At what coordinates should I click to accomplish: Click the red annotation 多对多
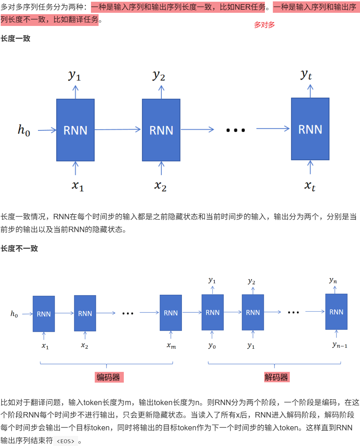click(264, 25)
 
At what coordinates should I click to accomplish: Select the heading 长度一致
click(16, 38)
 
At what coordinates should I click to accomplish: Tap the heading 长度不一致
click(19, 248)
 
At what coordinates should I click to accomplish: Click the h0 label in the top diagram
click(24, 130)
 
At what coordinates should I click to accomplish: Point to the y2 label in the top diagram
click(159, 75)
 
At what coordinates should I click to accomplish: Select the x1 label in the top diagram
click(77, 186)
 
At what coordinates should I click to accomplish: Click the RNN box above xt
click(310, 129)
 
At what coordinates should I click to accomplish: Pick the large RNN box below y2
click(161, 130)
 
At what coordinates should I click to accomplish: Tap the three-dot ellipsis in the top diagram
click(236, 130)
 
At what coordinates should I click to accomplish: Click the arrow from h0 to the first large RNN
click(47, 130)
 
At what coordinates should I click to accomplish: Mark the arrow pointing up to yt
click(310, 91)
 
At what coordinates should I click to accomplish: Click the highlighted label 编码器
click(109, 377)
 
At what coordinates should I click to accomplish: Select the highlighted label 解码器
click(276, 377)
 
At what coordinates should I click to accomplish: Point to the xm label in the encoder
click(171, 346)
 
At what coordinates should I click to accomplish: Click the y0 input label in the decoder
click(212, 346)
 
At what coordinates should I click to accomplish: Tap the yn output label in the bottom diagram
click(333, 280)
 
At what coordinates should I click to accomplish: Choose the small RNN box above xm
click(171, 313)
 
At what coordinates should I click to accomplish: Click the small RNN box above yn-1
click(336, 312)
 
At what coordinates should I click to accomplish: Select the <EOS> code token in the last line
click(65, 441)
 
